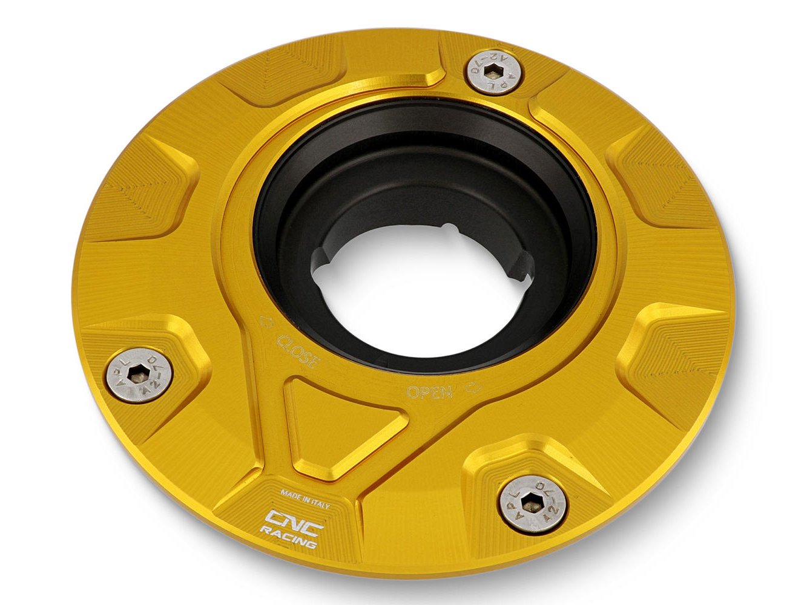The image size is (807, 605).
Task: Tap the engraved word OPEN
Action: [x=430, y=392]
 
